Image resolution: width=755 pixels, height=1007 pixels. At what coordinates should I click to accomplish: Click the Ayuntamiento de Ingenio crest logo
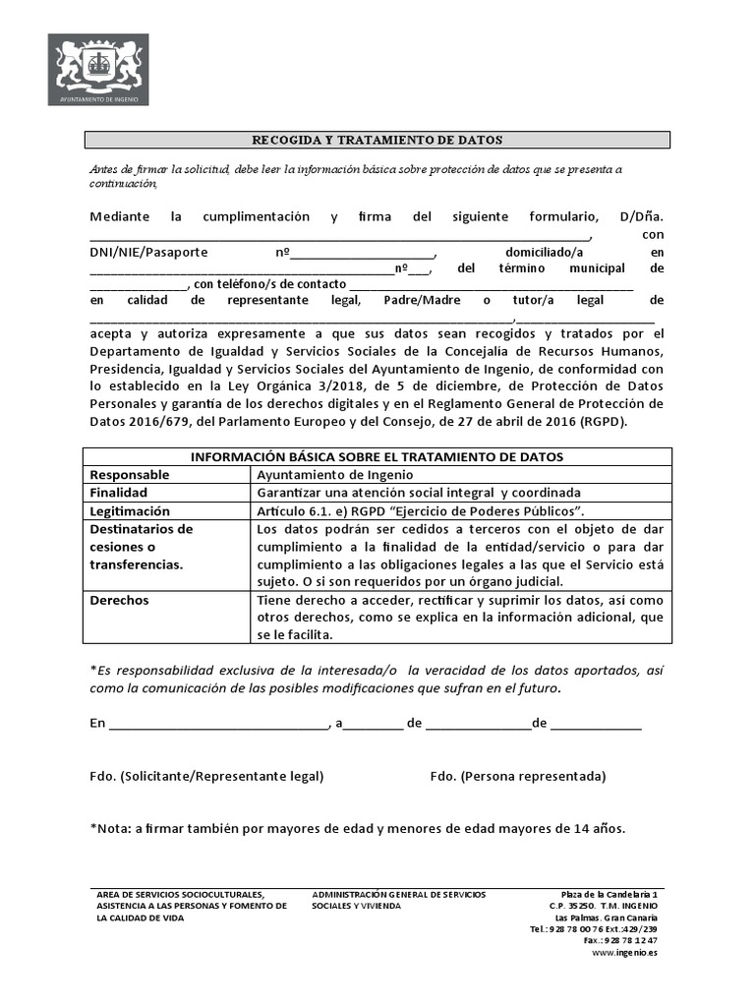pos(98,69)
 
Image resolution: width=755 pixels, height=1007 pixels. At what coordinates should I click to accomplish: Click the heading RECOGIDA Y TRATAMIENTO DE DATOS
pos(377,140)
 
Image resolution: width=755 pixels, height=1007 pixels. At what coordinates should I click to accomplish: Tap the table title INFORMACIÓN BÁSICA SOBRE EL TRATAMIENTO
pos(377,457)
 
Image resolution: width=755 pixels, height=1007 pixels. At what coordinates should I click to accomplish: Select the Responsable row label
pos(130,475)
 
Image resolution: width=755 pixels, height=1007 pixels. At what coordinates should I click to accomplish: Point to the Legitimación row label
pos(130,511)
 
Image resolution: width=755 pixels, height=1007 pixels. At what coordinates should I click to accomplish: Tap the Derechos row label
pos(119,600)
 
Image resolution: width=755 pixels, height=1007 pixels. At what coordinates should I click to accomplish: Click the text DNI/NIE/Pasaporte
pos(148,252)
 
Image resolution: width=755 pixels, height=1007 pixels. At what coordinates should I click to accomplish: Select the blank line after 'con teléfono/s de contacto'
pos(492,285)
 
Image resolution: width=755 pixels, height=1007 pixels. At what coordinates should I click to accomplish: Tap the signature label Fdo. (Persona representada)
pos(518,776)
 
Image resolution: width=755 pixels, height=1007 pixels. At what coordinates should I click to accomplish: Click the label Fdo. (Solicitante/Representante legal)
pos(206,776)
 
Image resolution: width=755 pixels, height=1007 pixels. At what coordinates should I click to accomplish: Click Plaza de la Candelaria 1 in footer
pos(609,894)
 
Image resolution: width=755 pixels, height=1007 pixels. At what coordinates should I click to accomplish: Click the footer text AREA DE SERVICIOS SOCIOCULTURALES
pos(181,894)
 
